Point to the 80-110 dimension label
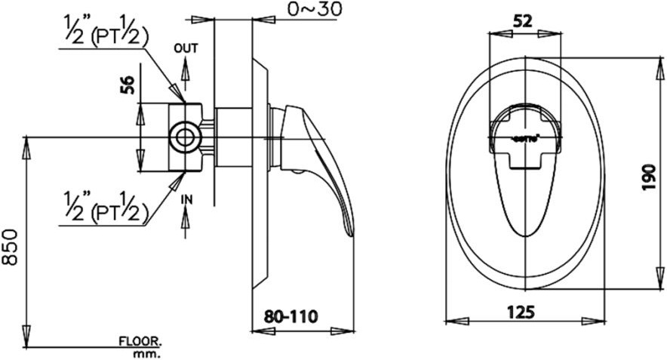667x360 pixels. point(290,314)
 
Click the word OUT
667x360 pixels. point(186,48)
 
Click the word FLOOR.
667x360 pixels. point(140,341)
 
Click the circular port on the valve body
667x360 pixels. point(183,137)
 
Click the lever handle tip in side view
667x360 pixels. point(349,230)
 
